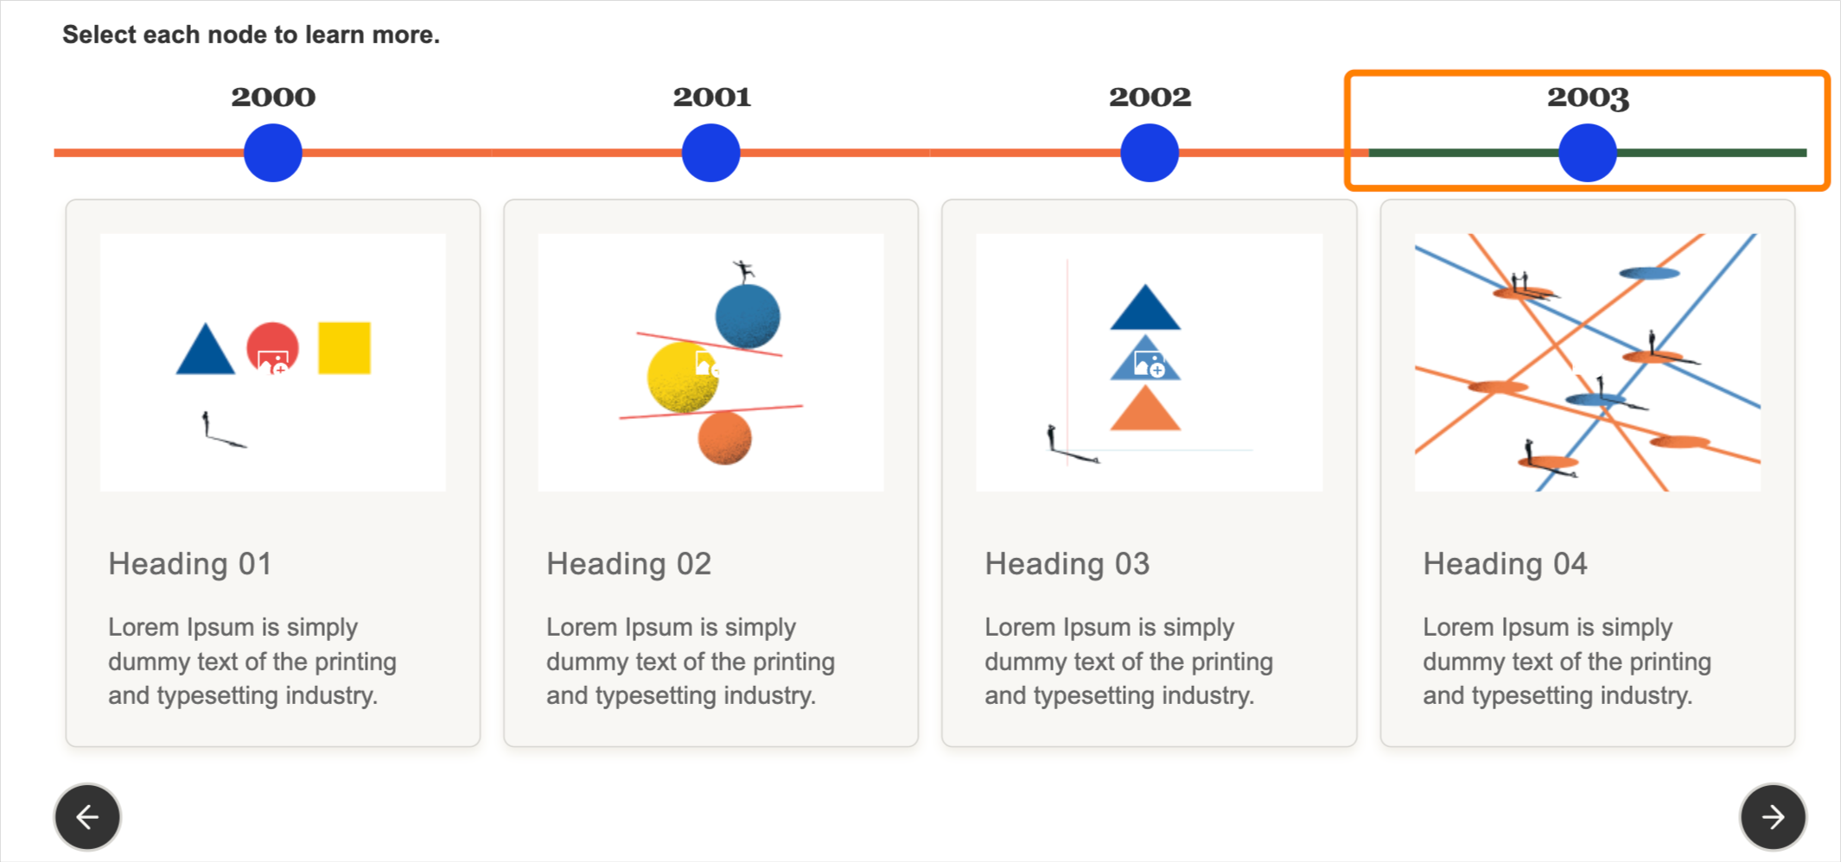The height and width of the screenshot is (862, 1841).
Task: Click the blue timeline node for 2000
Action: (273, 153)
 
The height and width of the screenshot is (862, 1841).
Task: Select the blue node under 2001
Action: (710, 153)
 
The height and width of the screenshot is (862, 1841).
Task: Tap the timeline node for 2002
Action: (1150, 153)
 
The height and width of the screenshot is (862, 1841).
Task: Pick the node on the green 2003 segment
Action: (1588, 153)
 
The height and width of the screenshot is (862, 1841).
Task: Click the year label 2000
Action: (273, 97)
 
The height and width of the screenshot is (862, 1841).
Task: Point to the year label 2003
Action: (1588, 98)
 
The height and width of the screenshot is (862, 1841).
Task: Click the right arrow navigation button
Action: (1773, 817)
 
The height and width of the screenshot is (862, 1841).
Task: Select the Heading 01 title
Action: (190, 564)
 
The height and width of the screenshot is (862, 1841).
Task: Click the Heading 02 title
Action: (628, 564)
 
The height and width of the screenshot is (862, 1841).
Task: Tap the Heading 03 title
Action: (1067, 564)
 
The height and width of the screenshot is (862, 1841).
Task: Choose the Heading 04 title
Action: (1506, 564)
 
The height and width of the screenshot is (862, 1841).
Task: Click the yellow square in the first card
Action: (344, 348)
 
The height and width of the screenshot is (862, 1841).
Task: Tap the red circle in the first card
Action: (273, 347)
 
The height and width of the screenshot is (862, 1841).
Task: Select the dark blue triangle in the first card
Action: (206, 350)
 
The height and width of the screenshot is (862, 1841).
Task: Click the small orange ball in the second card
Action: (724, 439)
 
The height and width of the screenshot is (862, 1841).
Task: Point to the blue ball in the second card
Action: (748, 316)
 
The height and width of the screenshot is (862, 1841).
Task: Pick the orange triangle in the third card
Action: (1145, 409)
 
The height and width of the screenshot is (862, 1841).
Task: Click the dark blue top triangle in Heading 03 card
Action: (1145, 308)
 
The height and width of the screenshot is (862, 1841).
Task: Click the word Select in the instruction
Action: (99, 35)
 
